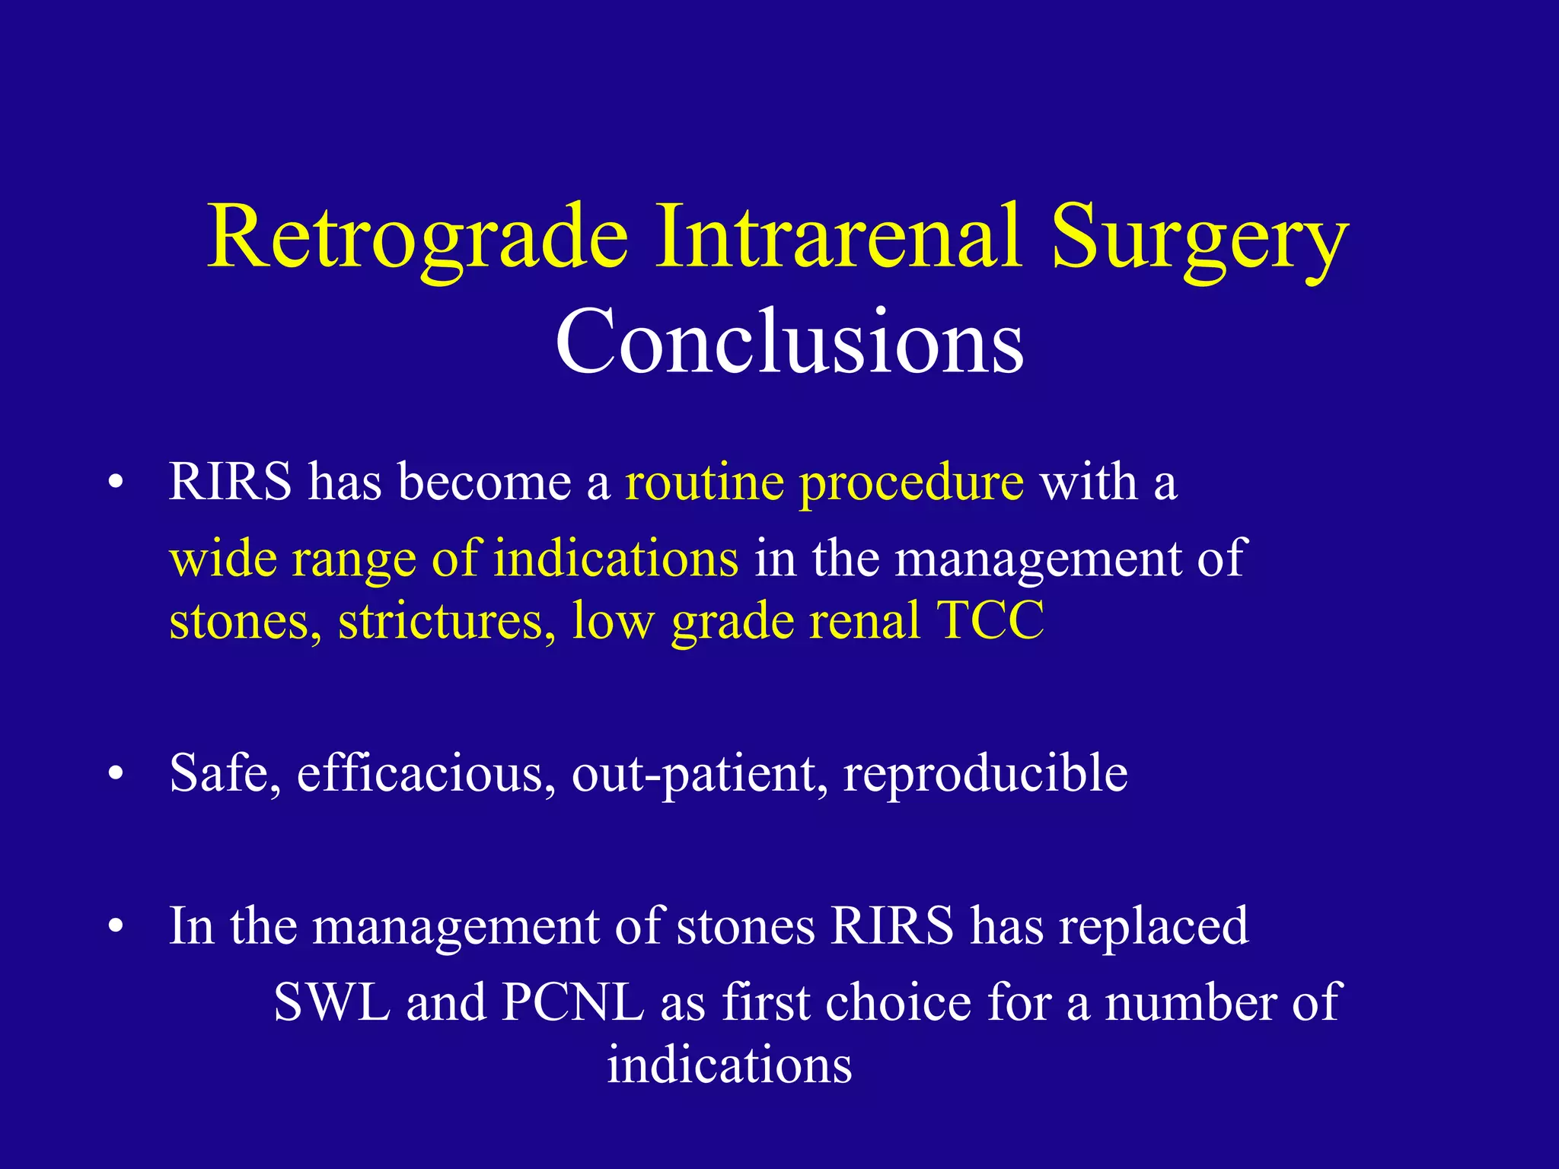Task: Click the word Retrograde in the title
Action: tap(417, 237)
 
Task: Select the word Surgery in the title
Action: tap(1200, 237)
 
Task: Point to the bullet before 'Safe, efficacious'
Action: tap(116, 776)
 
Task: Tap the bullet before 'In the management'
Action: tap(116, 929)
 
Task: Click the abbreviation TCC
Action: tap(990, 620)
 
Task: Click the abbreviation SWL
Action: tap(332, 1002)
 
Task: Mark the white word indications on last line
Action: tap(729, 1064)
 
